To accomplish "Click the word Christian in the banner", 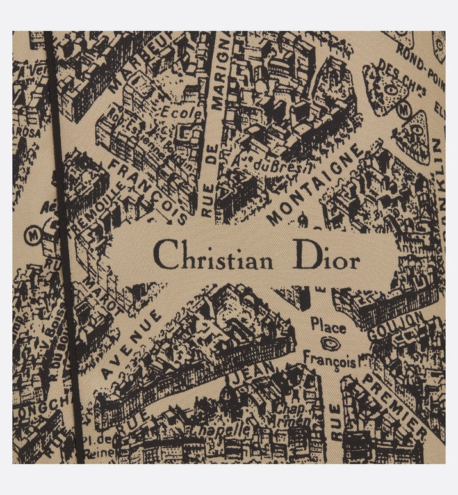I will [x=214, y=261].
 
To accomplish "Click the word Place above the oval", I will [x=327, y=327].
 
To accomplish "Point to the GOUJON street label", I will [x=404, y=330].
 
